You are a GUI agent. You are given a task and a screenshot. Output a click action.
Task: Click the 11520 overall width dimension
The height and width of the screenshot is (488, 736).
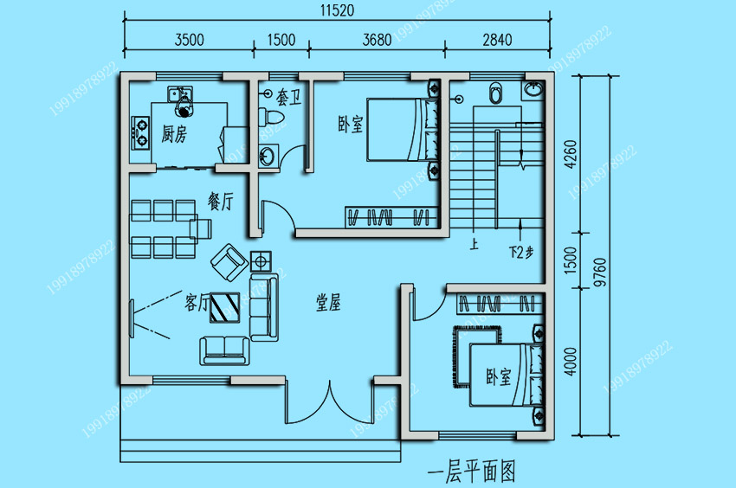(337, 10)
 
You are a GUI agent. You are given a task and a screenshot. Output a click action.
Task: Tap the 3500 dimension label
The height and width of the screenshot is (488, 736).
(189, 40)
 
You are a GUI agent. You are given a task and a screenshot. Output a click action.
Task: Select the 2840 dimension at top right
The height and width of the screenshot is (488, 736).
(497, 40)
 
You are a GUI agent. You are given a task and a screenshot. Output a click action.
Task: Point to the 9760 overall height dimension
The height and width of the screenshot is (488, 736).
(600, 273)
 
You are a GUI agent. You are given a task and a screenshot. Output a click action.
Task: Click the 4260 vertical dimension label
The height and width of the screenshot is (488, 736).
(571, 154)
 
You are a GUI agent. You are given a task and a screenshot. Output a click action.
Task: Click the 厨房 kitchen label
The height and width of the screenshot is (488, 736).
(174, 134)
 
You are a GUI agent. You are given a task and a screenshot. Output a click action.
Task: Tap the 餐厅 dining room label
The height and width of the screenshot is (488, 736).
(221, 202)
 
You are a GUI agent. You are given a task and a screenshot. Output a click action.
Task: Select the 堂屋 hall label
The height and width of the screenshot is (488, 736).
(328, 303)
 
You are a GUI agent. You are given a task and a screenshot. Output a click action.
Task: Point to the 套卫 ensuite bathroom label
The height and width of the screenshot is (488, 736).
(288, 98)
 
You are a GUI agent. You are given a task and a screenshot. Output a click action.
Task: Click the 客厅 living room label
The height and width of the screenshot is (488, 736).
(197, 303)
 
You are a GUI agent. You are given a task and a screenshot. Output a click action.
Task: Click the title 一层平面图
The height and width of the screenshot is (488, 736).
(471, 472)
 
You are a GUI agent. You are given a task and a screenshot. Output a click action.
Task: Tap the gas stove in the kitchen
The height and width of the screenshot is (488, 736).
(140, 132)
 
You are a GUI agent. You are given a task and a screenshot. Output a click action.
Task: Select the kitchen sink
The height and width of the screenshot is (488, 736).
(180, 93)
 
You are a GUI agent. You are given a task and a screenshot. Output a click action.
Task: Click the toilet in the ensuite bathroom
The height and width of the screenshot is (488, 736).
(271, 115)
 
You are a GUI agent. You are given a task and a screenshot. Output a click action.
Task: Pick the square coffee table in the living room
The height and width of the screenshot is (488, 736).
(225, 308)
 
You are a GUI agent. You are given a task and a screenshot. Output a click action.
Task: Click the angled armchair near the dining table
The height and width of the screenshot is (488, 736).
(229, 262)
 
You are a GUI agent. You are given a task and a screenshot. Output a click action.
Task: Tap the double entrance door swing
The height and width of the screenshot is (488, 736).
(330, 402)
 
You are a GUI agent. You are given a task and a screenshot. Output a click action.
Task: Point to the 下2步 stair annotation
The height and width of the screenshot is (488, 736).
(521, 253)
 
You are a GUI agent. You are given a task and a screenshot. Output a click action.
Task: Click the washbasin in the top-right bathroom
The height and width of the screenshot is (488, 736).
(533, 90)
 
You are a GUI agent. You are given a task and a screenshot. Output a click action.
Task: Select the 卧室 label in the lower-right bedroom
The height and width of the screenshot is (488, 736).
(498, 376)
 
